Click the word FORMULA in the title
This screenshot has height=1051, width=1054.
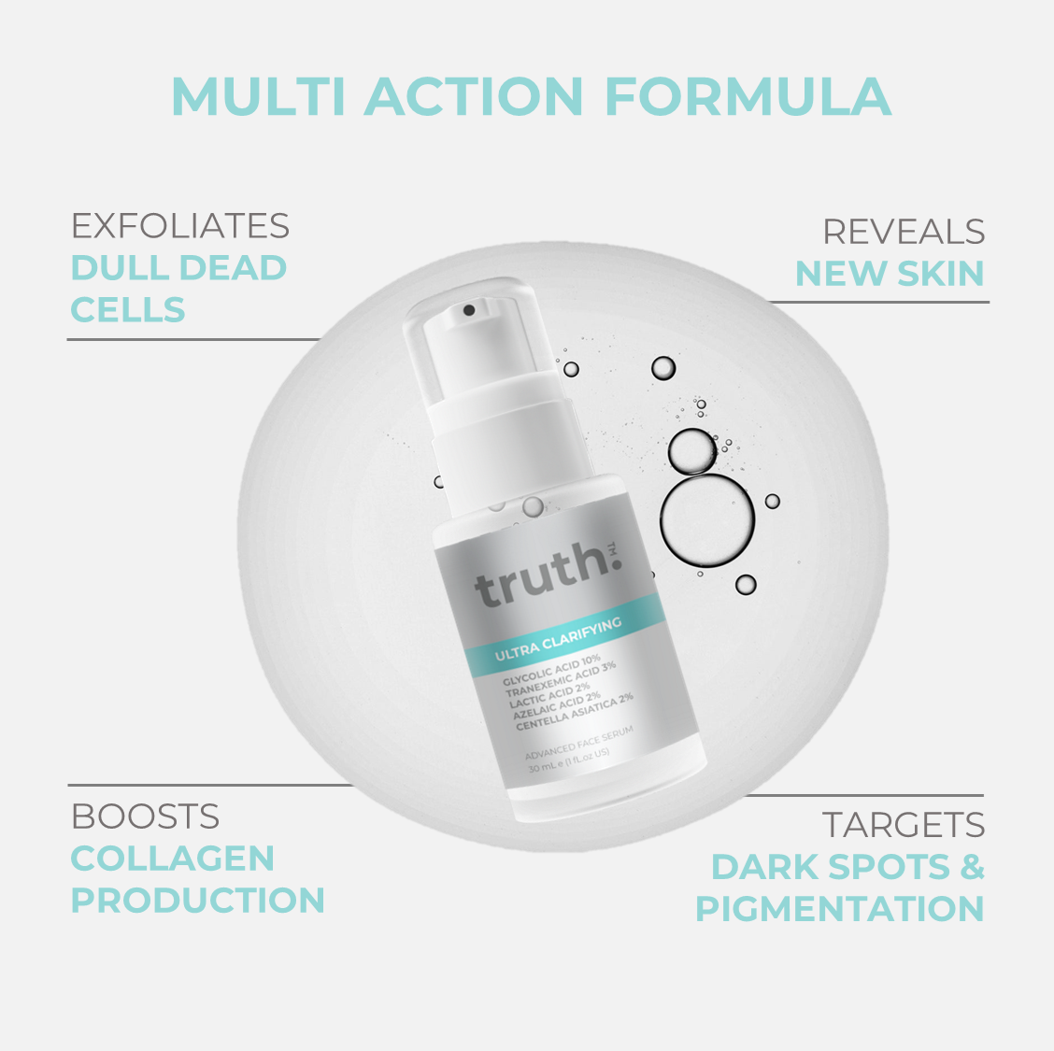[748, 97]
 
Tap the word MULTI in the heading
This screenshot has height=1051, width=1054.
[259, 97]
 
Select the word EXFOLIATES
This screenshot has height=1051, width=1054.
[180, 226]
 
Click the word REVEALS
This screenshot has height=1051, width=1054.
[904, 232]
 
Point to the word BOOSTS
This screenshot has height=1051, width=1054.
[145, 817]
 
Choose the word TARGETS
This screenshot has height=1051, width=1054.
[903, 825]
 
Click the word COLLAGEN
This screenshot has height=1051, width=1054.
[173, 859]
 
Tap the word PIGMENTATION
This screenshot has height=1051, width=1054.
[840, 909]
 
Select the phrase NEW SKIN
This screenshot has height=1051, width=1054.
[890, 274]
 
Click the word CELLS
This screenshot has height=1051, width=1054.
[128, 310]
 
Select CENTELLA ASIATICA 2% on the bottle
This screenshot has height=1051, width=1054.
[575, 712]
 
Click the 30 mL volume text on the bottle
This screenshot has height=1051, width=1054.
[569, 760]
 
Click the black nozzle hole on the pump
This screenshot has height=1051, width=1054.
[469, 310]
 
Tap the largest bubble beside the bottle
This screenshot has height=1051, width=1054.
[707, 520]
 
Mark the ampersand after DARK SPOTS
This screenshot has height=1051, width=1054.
[972, 866]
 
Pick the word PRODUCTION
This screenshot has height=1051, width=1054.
[198, 901]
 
